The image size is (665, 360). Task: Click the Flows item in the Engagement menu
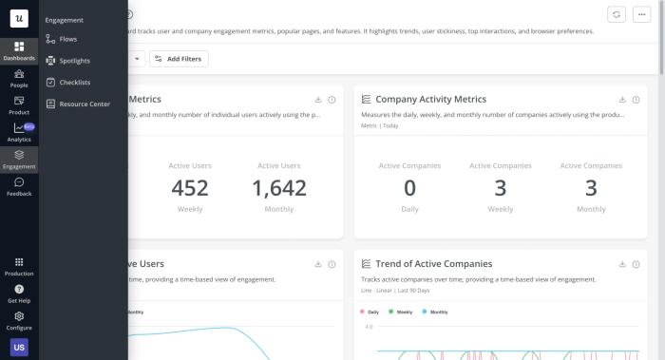68,39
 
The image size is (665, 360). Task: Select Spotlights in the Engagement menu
73,61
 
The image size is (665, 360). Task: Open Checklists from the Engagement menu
73,83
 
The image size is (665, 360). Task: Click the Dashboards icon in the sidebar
19,50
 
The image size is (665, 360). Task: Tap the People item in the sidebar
19,78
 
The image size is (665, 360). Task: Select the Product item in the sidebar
19,104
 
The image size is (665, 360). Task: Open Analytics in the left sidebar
19,132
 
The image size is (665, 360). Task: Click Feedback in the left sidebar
19,186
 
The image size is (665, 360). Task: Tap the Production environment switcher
19,266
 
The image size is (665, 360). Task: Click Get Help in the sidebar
19,294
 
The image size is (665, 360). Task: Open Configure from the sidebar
19,320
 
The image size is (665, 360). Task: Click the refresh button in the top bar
617,14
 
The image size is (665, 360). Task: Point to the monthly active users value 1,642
278,188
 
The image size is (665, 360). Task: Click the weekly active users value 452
190,188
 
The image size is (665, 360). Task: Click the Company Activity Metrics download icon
622,100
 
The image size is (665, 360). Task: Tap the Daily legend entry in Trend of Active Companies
370,312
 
